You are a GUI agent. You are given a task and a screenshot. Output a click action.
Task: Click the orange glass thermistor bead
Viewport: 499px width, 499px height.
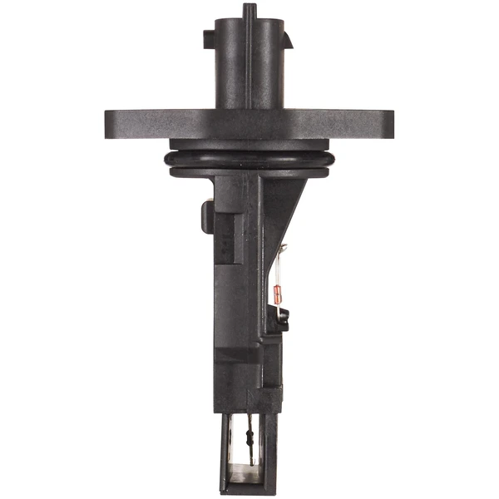pyautogui.click(x=274, y=292)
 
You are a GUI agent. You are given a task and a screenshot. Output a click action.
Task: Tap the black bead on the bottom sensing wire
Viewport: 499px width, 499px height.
pyautogui.click(x=250, y=442)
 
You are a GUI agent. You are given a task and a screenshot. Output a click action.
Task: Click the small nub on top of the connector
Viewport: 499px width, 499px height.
pyautogui.click(x=249, y=11)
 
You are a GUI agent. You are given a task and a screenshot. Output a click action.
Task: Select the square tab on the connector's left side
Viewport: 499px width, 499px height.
pyautogui.click(x=209, y=40)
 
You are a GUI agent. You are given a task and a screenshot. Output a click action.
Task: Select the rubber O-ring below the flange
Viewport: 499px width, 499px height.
pyautogui.click(x=249, y=159)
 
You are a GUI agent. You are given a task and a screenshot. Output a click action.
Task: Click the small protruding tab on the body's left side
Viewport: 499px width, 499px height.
pyautogui.click(x=205, y=216)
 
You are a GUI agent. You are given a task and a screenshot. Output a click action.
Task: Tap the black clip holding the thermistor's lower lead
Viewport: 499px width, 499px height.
pyautogui.click(x=282, y=316)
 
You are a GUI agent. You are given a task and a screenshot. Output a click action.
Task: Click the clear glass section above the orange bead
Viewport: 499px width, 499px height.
pyautogui.click(x=276, y=274)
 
